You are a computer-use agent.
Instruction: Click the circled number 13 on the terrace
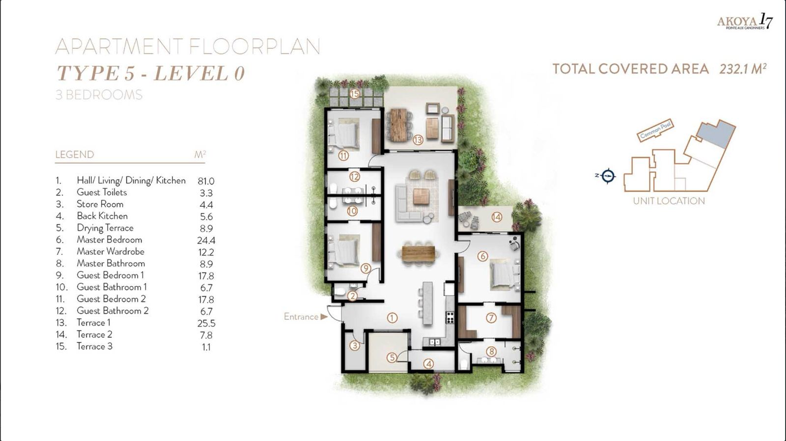click(418, 140)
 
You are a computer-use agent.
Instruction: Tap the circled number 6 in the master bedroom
click(483, 256)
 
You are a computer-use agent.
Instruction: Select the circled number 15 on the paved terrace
click(355, 94)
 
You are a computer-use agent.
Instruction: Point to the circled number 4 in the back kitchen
click(428, 364)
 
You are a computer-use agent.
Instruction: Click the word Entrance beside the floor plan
click(301, 317)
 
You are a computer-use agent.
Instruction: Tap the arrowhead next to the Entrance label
click(324, 317)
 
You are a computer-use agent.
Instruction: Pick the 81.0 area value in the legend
click(206, 181)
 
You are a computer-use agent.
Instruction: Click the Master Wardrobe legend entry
click(111, 251)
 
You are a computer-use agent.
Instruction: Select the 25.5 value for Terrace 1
click(206, 323)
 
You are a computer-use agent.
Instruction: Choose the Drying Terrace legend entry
click(105, 228)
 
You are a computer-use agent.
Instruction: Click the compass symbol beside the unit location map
click(608, 175)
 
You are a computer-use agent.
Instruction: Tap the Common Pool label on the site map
click(655, 131)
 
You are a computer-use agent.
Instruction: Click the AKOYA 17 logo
click(745, 22)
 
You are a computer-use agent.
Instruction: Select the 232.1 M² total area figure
click(743, 69)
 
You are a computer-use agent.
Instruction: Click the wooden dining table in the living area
click(418, 253)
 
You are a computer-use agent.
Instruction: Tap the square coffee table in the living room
click(421, 196)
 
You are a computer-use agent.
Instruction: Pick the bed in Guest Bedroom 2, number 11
click(344, 133)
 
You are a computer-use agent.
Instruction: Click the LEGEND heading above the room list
click(75, 155)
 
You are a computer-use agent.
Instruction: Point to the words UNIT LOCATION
click(669, 201)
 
